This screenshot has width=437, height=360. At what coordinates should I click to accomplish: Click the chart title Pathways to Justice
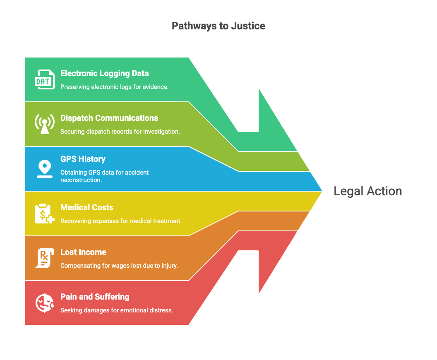click(x=218, y=26)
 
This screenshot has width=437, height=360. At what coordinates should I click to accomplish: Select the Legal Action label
click(x=368, y=191)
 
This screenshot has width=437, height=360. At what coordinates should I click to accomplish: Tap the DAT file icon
click(x=44, y=79)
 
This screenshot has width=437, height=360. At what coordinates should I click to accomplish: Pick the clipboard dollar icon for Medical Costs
click(x=44, y=214)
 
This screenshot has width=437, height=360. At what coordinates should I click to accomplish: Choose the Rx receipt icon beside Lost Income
click(x=43, y=258)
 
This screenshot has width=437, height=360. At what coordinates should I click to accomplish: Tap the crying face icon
click(x=44, y=303)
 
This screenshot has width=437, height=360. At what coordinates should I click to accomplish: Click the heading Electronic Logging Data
click(x=105, y=73)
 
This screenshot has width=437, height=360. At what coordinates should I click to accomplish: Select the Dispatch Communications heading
click(x=109, y=118)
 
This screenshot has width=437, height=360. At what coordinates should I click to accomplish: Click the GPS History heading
click(x=83, y=159)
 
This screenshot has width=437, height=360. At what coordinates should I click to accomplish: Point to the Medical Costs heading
click(x=87, y=207)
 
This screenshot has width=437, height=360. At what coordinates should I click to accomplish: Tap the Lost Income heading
click(x=83, y=252)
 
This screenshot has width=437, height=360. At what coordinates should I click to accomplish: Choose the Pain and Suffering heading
click(x=95, y=297)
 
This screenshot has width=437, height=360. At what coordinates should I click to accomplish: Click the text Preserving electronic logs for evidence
click(x=114, y=87)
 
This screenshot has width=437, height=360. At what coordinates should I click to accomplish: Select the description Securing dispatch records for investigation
click(x=120, y=132)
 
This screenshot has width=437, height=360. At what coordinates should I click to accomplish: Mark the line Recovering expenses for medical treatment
click(x=121, y=221)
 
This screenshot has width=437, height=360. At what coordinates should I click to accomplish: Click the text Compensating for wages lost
click(x=119, y=266)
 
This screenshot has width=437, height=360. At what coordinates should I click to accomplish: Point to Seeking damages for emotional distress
click(x=116, y=310)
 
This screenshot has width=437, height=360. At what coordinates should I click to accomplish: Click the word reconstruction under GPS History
click(x=81, y=180)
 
